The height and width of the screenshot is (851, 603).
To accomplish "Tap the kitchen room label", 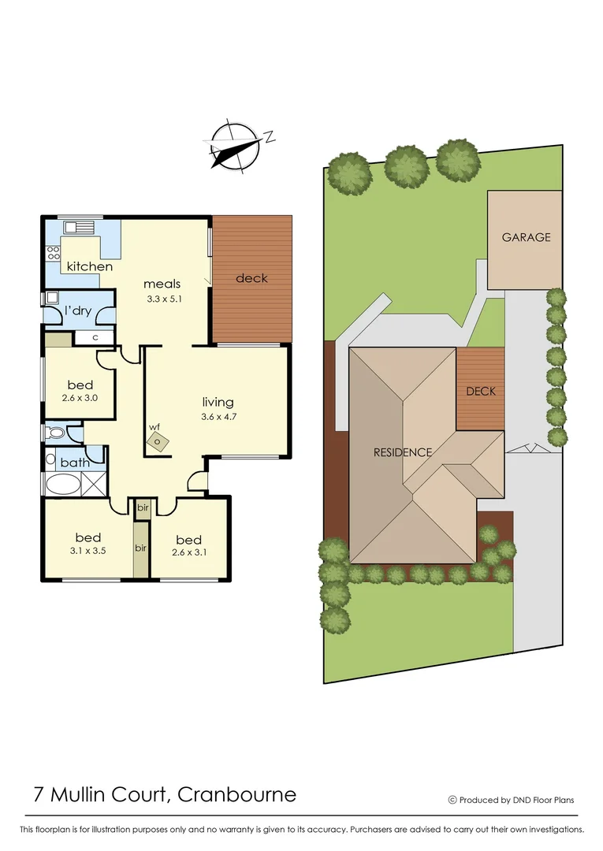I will pyautogui.click(x=89, y=266).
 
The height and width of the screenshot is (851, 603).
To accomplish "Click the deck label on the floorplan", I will pyautogui.click(x=251, y=277).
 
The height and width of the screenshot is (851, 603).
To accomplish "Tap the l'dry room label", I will pyautogui.click(x=78, y=311).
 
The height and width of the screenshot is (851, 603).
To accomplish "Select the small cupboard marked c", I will pyautogui.click(x=95, y=338).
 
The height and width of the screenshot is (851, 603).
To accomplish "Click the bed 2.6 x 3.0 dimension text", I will pyautogui.click(x=80, y=399).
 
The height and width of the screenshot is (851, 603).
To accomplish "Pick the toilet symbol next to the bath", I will pyautogui.click(x=56, y=433).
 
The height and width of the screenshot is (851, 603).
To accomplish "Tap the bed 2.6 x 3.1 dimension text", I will pyautogui.click(x=188, y=553).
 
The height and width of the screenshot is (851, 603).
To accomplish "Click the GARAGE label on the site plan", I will pyautogui.click(x=526, y=236).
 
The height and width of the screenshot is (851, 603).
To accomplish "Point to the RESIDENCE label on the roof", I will pyautogui.click(x=403, y=452).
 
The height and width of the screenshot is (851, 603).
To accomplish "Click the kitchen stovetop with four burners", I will pyautogui.click(x=54, y=253).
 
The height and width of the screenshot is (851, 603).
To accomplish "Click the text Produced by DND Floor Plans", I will pyautogui.click(x=516, y=800).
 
